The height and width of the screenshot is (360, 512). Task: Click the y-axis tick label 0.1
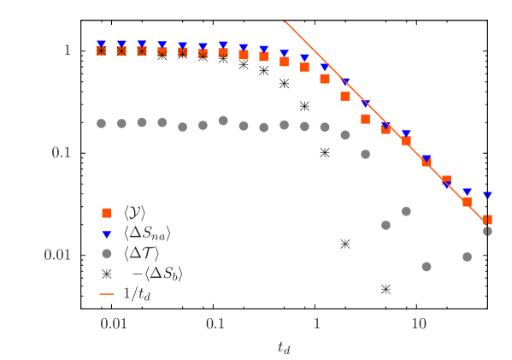point(60,153)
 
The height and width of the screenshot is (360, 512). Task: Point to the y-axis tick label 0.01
point(56,255)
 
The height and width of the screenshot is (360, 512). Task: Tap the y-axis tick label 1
point(67,51)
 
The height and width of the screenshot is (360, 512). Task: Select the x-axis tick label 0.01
point(113,324)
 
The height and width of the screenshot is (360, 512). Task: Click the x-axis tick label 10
point(419,324)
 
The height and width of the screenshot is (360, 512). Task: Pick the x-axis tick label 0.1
point(215,324)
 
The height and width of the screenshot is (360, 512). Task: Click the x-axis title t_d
point(285,346)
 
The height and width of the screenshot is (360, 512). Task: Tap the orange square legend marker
point(107,213)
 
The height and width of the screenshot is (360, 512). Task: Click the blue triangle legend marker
point(107,233)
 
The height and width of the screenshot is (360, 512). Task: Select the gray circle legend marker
point(107,253)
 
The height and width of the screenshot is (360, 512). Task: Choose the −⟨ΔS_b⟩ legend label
point(156,274)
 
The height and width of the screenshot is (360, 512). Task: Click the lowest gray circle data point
point(427,267)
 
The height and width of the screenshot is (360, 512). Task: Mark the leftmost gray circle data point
point(101,123)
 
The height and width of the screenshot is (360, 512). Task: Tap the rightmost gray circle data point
point(487,231)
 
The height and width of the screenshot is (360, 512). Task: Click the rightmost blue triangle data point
point(487,196)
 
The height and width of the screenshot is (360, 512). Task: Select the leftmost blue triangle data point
point(101,44)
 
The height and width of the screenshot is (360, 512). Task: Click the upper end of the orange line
point(285,22)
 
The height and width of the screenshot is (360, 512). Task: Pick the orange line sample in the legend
point(107,294)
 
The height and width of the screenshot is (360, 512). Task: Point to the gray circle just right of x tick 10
point(427,267)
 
